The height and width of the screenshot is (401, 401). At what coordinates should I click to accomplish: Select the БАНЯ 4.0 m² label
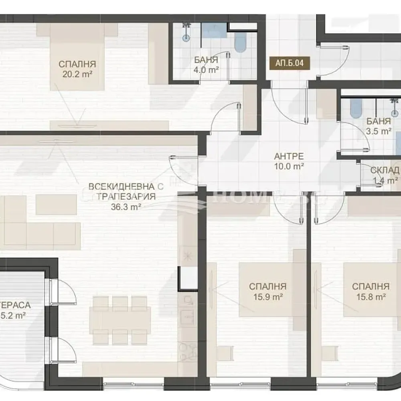(206, 65)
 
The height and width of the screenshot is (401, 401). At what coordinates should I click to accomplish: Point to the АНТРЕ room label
(289, 156)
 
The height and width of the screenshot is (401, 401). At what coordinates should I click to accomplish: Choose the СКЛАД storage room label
(384, 170)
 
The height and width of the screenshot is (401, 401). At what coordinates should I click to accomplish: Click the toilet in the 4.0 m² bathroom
(240, 43)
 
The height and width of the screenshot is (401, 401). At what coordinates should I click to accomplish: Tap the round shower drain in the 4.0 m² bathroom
(186, 38)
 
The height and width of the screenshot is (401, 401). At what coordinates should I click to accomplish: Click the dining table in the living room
(120, 320)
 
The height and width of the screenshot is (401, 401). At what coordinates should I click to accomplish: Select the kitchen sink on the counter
(187, 316)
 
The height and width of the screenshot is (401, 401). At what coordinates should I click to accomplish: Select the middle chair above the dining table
(120, 304)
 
